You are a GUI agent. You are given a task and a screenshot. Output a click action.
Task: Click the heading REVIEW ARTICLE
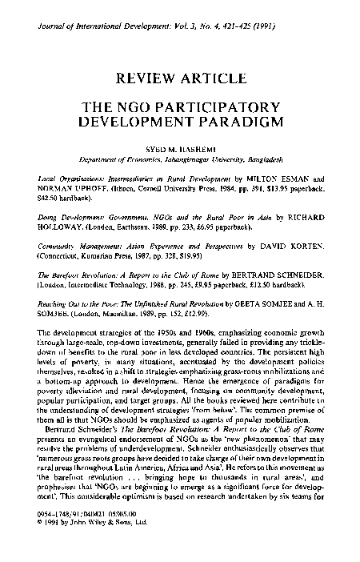(x=179, y=78)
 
